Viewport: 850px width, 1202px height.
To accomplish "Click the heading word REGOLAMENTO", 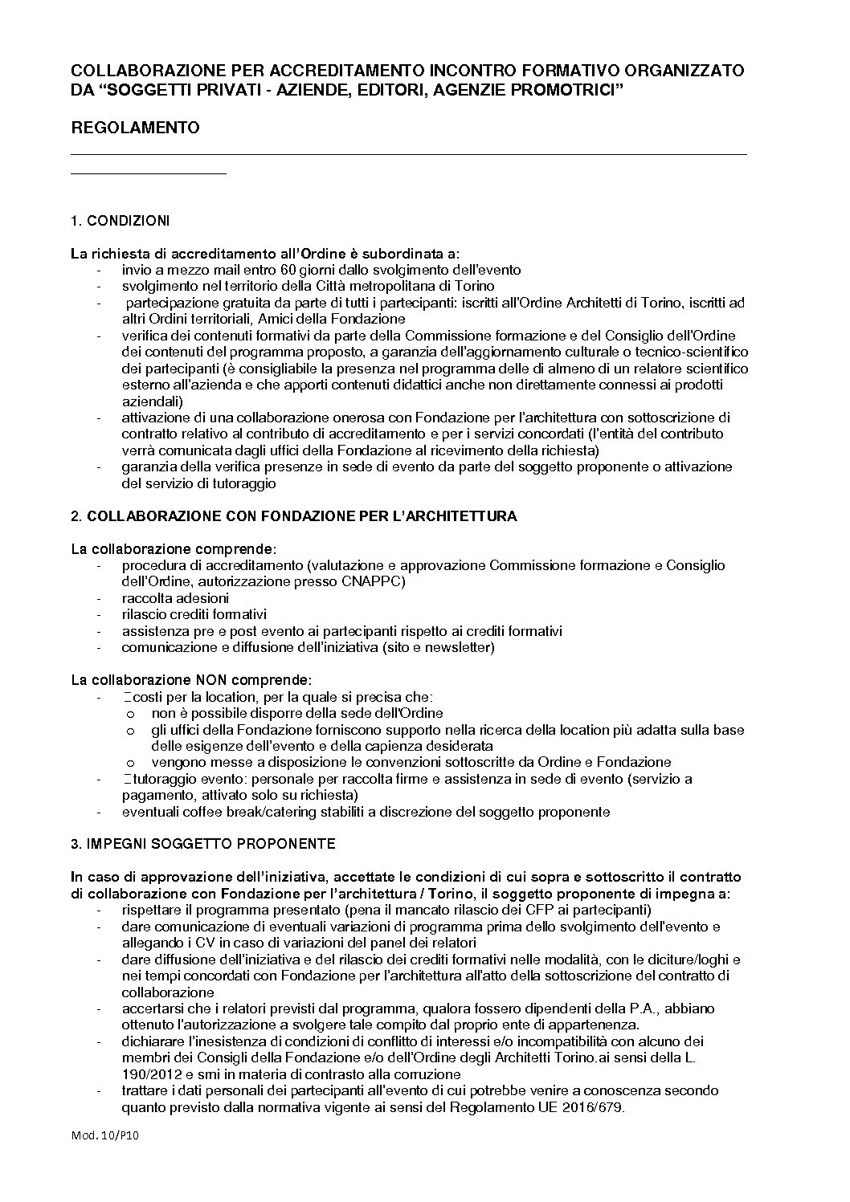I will pyautogui.click(x=135, y=128).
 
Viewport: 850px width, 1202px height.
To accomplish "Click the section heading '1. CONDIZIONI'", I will pyautogui.click(x=120, y=221).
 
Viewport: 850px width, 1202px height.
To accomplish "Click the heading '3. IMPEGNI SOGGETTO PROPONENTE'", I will pyautogui.click(x=203, y=844).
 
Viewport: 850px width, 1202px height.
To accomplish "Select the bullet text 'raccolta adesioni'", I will pyautogui.click(x=175, y=598).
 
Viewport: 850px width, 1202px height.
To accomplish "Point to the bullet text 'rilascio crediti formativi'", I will pyautogui.click(x=194, y=614).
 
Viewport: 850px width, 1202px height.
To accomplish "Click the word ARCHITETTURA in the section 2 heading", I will pyautogui.click(x=464, y=516).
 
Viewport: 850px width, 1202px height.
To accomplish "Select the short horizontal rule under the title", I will pyautogui.click(x=149, y=173).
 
